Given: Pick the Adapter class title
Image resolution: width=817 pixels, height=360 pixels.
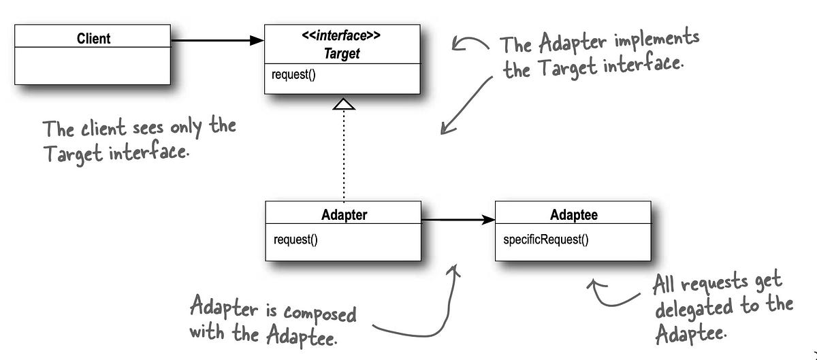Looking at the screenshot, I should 343,215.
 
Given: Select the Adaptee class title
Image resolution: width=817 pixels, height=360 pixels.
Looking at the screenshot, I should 573,215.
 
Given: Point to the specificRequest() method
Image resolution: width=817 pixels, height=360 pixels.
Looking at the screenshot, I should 546,240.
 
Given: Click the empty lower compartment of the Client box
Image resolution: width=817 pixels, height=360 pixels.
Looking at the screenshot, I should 92,66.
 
